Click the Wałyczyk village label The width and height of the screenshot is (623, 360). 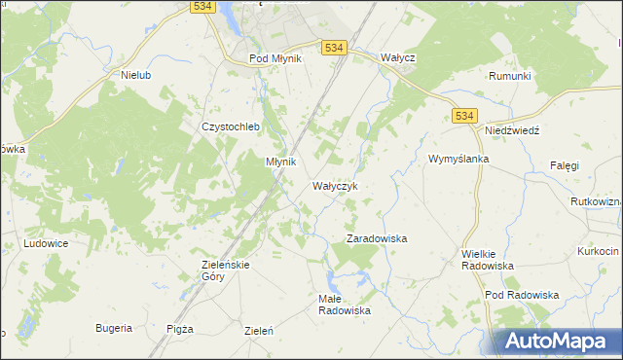336,185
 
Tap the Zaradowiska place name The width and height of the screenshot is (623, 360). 377,237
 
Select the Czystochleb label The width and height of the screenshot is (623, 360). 227,126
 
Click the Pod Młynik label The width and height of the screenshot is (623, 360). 275,58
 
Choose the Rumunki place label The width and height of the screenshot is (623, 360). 509,75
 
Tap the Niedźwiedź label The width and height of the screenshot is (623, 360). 512,130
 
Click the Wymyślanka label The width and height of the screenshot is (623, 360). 458,159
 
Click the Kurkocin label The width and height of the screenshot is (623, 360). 598,251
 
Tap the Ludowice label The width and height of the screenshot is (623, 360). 46,243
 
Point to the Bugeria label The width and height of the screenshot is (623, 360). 114,328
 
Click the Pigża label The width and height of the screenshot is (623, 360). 180,329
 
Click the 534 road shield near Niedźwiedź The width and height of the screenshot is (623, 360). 464,116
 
